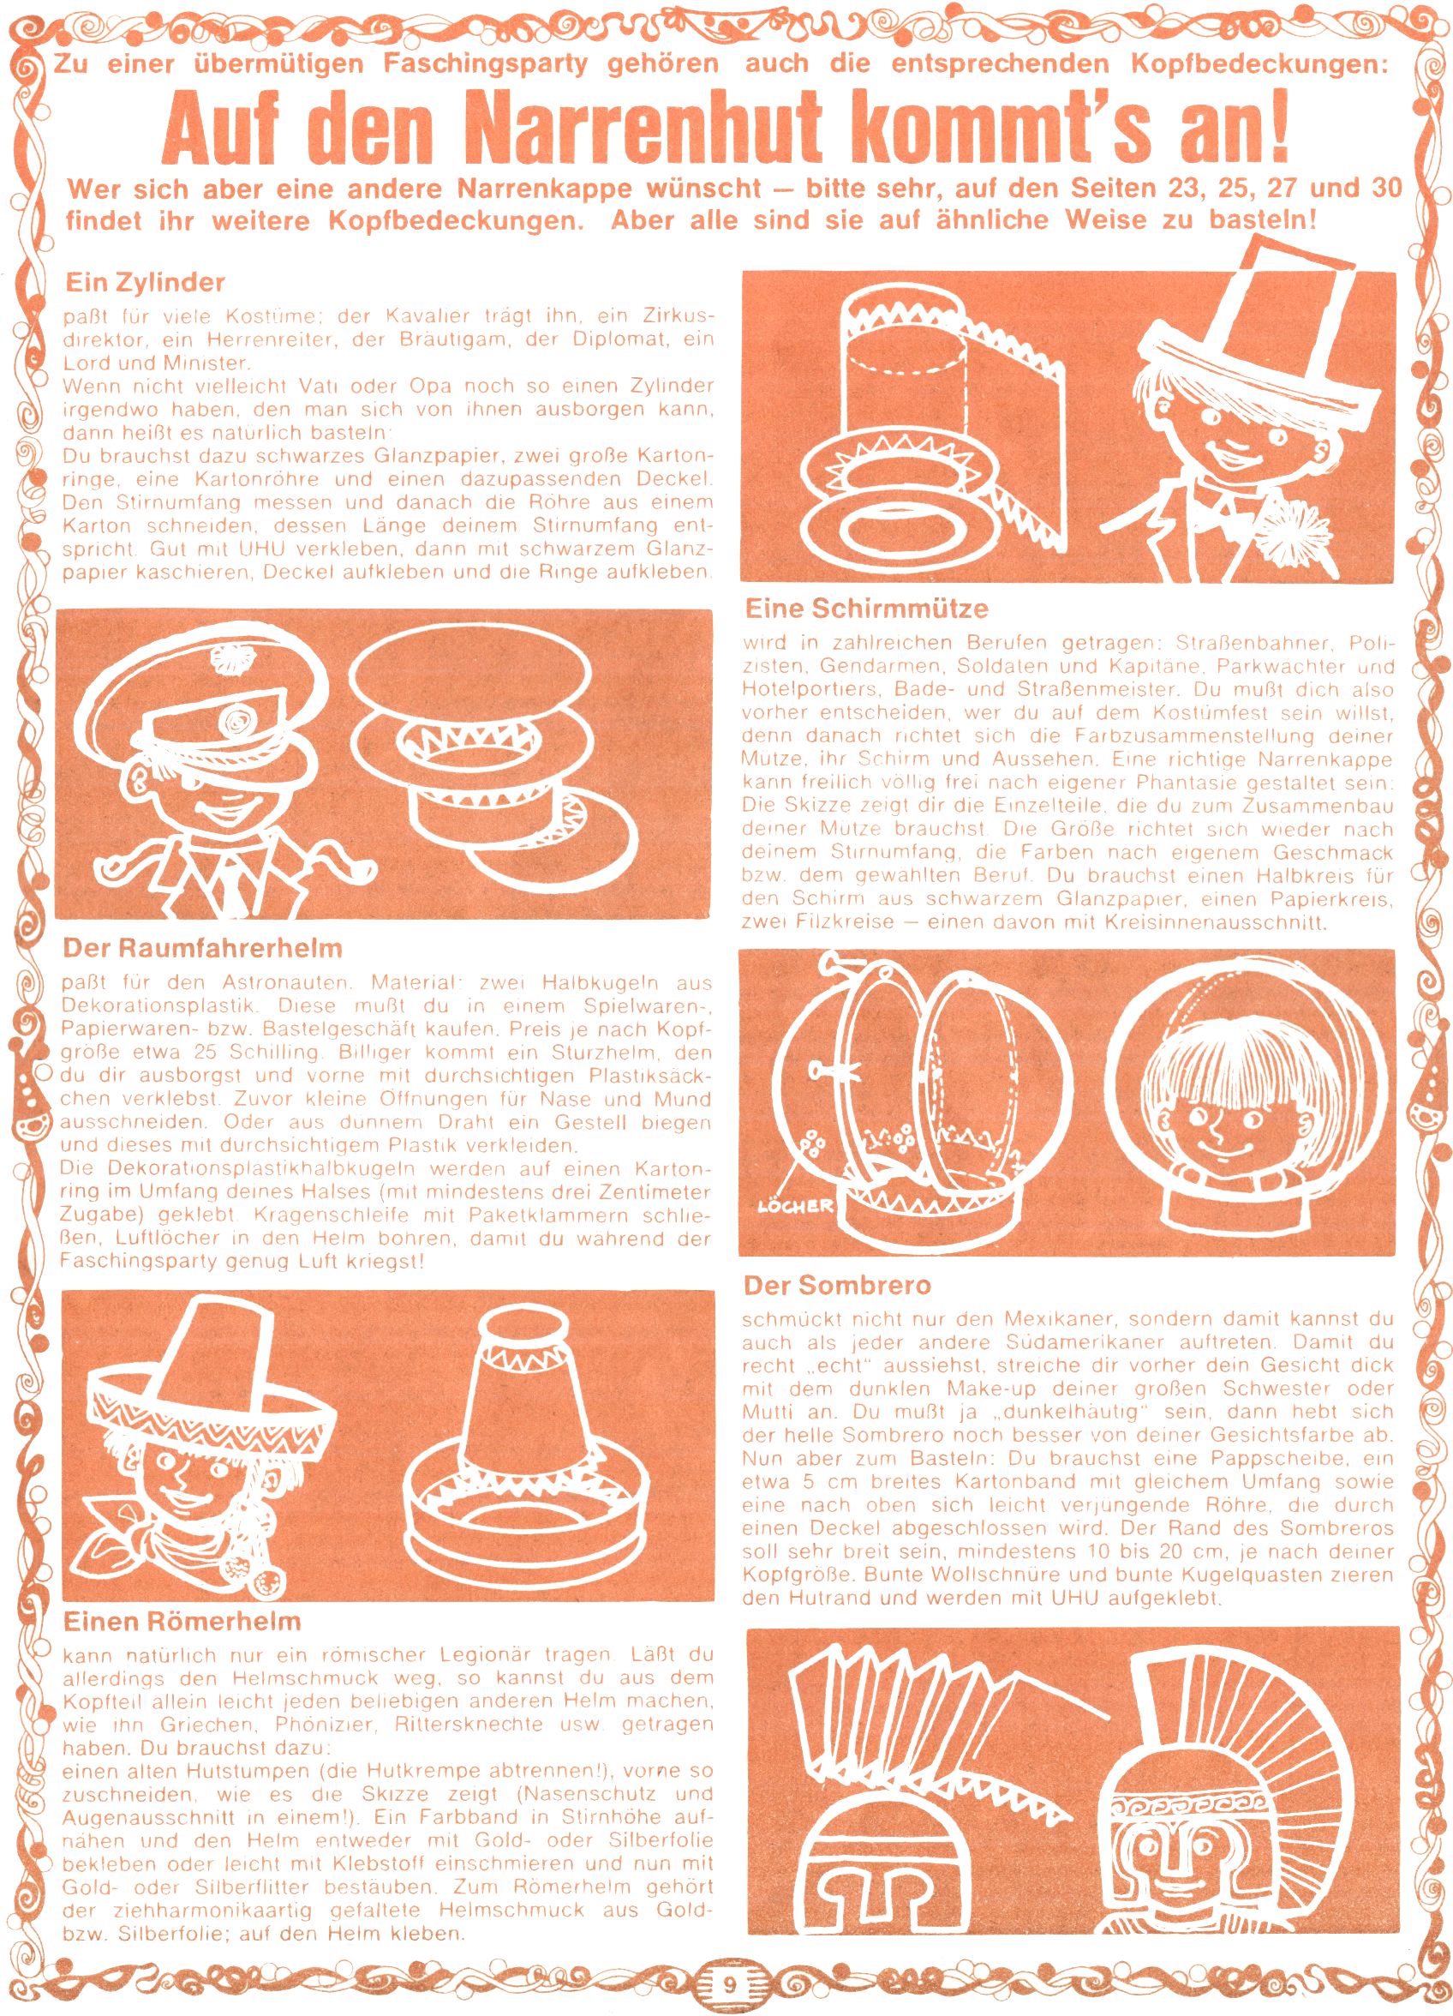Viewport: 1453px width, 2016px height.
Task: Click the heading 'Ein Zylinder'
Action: [146, 284]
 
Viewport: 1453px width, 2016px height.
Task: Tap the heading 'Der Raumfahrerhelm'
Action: [203, 949]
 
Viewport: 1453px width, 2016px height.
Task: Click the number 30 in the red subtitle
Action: [1382, 189]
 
